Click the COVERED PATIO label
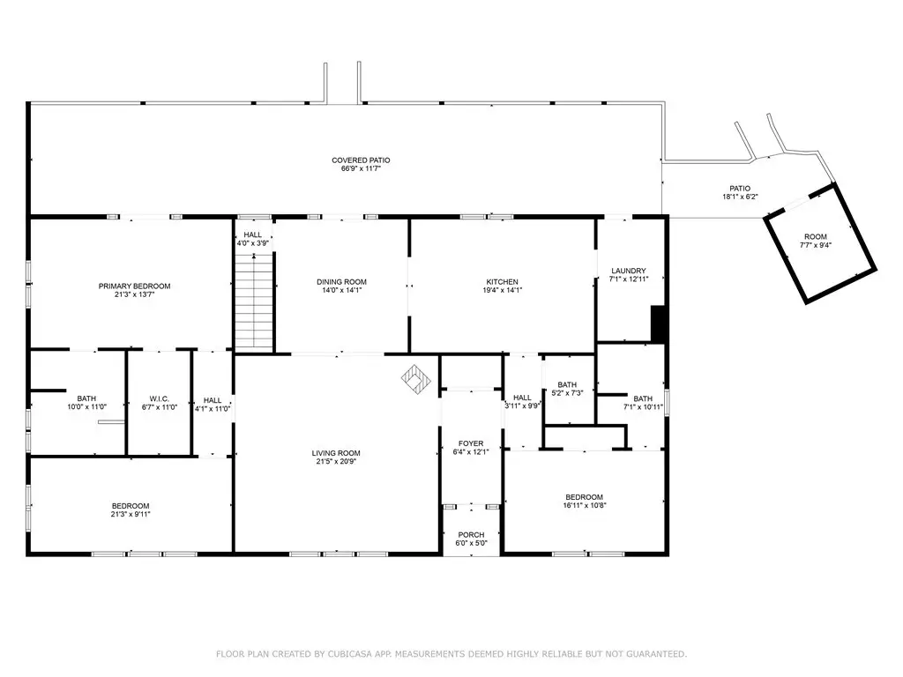[361, 160]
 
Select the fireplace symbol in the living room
[416, 379]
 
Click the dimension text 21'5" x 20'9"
[336, 461]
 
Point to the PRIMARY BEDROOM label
[134, 286]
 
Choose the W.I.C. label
[159, 399]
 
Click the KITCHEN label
[502, 281]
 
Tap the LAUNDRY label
[628, 271]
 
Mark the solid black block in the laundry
[659, 323]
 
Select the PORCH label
[471, 535]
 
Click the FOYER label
[471, 443]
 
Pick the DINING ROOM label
[341, 281]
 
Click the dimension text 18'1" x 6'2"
[740, 197]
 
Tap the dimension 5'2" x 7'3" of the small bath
[567, 392]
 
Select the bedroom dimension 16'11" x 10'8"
[585, 505]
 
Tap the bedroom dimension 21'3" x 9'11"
[131, 514]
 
